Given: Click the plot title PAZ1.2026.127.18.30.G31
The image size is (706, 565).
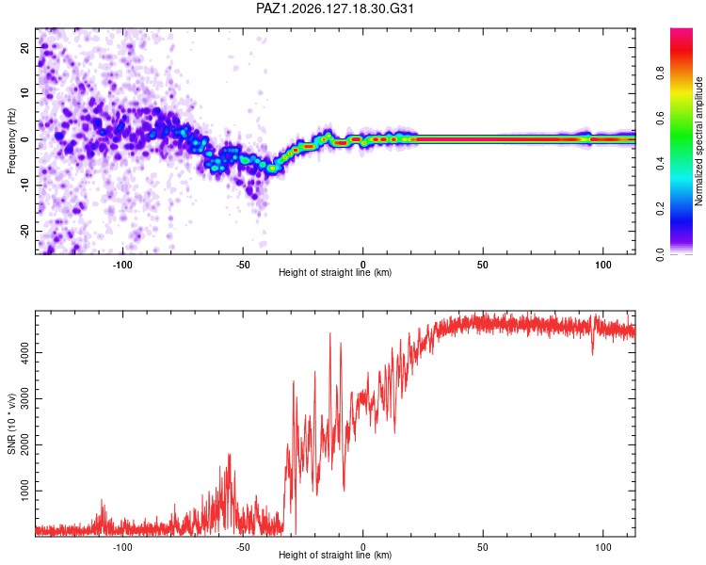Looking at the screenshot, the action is coord(335,8).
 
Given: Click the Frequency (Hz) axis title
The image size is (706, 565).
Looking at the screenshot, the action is coord(11,141).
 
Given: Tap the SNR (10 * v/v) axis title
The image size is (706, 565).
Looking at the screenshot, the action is coord(11,424).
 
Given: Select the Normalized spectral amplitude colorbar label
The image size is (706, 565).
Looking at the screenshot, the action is coord(698,141).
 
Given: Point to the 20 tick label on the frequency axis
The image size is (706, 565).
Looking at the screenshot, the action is coord(25,47).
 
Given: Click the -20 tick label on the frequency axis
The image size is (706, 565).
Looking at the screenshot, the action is coord(25,231).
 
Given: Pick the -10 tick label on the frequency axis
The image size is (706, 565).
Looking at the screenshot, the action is coord(25,185).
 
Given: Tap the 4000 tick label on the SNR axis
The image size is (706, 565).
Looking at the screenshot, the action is coord(25,352).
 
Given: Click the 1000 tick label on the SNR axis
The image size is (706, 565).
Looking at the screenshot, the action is coord(25,491).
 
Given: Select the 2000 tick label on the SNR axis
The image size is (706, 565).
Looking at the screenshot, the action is coord(25,444).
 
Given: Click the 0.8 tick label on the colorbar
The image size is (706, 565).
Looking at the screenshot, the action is coord(660,73).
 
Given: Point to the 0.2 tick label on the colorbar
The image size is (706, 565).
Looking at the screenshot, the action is coord(660,209).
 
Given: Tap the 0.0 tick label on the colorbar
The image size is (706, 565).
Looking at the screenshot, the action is coord(660,254).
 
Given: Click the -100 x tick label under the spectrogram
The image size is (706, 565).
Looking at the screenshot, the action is coord(122,265).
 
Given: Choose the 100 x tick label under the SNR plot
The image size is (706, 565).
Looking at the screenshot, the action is coord(602,547).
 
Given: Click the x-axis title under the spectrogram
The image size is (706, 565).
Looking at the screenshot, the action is coord(335,272).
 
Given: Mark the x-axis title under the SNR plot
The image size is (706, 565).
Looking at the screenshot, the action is coord(335,555).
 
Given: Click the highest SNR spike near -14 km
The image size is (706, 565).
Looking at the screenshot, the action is coord(330,334).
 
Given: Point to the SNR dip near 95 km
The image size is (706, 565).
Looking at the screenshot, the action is coord(592,353).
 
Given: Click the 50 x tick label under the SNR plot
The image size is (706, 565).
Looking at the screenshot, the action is coord(483,547).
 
